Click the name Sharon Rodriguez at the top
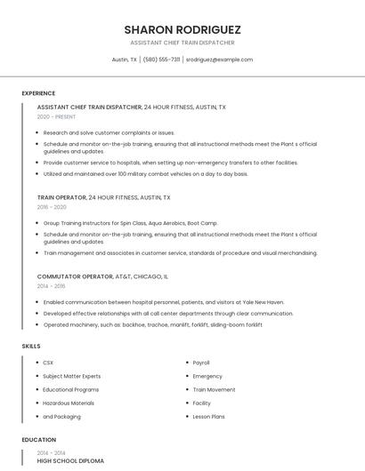182,29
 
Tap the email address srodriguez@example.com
219,60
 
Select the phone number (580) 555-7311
161,60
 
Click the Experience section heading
38,93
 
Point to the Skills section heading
30,345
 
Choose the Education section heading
38,440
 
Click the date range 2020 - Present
56,116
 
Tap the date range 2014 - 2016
52,286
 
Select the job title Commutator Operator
75,276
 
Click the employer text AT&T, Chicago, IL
142,276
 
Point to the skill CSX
48,363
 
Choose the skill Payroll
201,363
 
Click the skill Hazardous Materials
68,403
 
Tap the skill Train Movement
214,389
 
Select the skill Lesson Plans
208,416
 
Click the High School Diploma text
70,461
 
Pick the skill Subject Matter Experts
71,376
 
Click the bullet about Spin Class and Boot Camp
131,222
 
